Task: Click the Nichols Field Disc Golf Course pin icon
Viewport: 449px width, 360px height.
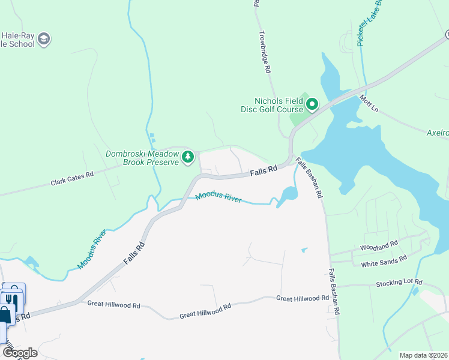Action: [x=312, y=106]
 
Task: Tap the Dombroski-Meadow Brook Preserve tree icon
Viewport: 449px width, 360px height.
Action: [x=188, y=157]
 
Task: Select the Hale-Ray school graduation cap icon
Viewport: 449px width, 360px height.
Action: [x=44, y=40]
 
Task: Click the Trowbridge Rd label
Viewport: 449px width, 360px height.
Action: [x=264, y=53]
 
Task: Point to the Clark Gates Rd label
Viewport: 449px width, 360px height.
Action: [x=72, y=178]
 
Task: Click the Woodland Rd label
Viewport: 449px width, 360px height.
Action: [x=379, y=246]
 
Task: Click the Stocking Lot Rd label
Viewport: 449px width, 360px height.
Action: [x=399, y=282]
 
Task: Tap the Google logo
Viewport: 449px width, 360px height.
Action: [x=20, y=352]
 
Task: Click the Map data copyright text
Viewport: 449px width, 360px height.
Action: [x=423, y=355]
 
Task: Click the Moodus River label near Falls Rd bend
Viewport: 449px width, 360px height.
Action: [x=218, y=197]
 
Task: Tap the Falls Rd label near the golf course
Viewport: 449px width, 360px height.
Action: [x=264, y=171]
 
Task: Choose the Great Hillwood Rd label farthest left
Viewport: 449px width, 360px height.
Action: [x=113, y=304]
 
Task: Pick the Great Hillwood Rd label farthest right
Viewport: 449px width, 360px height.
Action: [x=302, y=298]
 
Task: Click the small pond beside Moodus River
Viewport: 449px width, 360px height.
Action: [x=288, y=194]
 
